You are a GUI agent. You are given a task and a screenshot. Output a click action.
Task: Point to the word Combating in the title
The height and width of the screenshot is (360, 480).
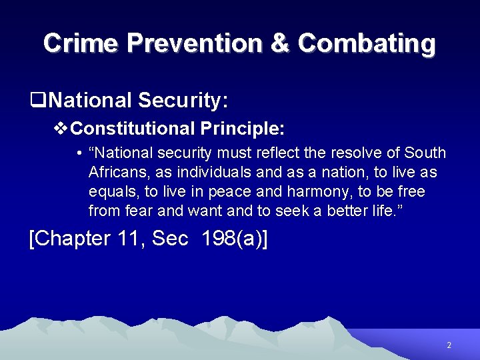(367, 43)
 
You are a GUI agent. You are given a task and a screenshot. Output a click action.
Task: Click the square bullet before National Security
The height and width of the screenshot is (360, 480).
(37, 101)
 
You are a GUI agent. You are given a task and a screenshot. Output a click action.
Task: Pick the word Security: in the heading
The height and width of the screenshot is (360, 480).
(183, 101)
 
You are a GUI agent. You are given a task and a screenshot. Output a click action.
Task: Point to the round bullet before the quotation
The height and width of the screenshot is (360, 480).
(79, 153)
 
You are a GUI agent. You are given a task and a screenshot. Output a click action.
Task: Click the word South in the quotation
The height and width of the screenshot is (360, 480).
(424, 153)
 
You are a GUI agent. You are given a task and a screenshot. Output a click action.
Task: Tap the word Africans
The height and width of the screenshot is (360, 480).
(119, 172)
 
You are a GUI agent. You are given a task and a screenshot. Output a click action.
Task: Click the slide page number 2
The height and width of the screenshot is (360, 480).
(449, 345)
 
